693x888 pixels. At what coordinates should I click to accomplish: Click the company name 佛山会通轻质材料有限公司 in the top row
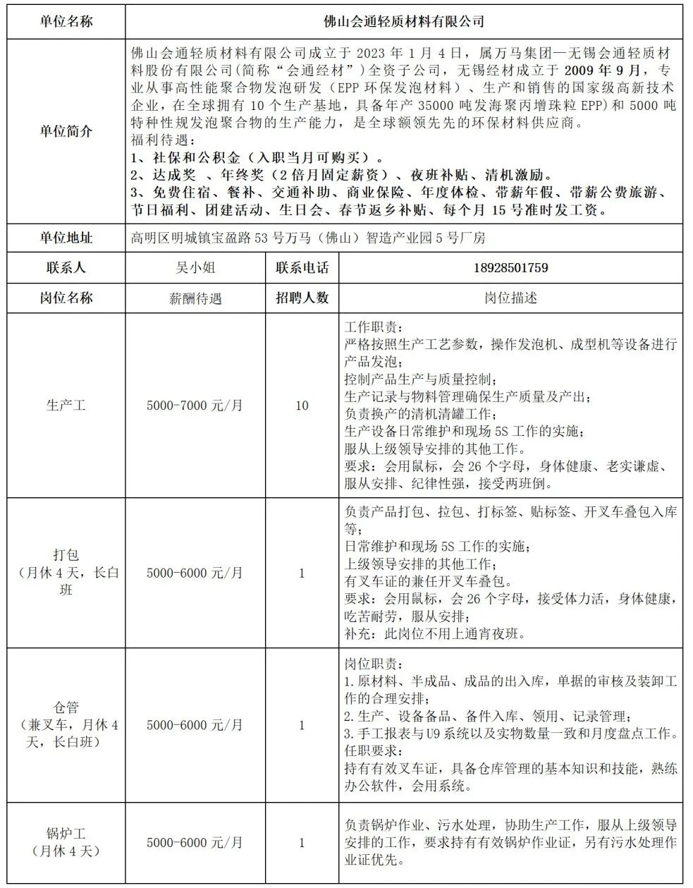(403, 22)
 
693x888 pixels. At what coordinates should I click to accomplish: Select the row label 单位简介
(66, 131)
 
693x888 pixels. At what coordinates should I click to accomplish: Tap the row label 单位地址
(66, 238)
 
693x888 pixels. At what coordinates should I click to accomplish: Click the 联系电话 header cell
(302, 268)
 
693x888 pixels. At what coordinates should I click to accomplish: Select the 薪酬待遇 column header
(195, 298)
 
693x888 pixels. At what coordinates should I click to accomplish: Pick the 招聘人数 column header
(302, 298)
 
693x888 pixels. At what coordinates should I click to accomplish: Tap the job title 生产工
(66, 406)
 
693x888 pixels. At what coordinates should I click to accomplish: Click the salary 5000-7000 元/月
(195, 406)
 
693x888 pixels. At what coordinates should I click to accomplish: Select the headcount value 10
(302, 406)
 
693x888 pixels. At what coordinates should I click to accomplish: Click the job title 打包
(66, 556)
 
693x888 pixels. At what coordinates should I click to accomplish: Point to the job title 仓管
(66, 707)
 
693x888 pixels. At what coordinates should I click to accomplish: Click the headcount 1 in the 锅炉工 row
(302, 843)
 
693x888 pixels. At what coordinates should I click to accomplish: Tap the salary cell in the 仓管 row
(195, 725)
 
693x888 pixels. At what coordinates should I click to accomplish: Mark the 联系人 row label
(66, 268)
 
